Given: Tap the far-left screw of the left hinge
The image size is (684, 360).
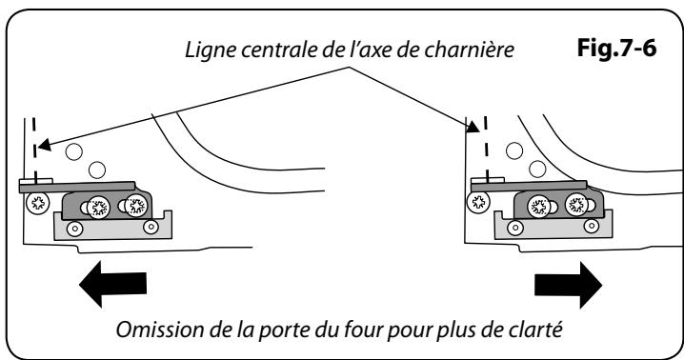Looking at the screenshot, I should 39,201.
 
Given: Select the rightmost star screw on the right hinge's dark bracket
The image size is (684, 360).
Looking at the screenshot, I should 574,203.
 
